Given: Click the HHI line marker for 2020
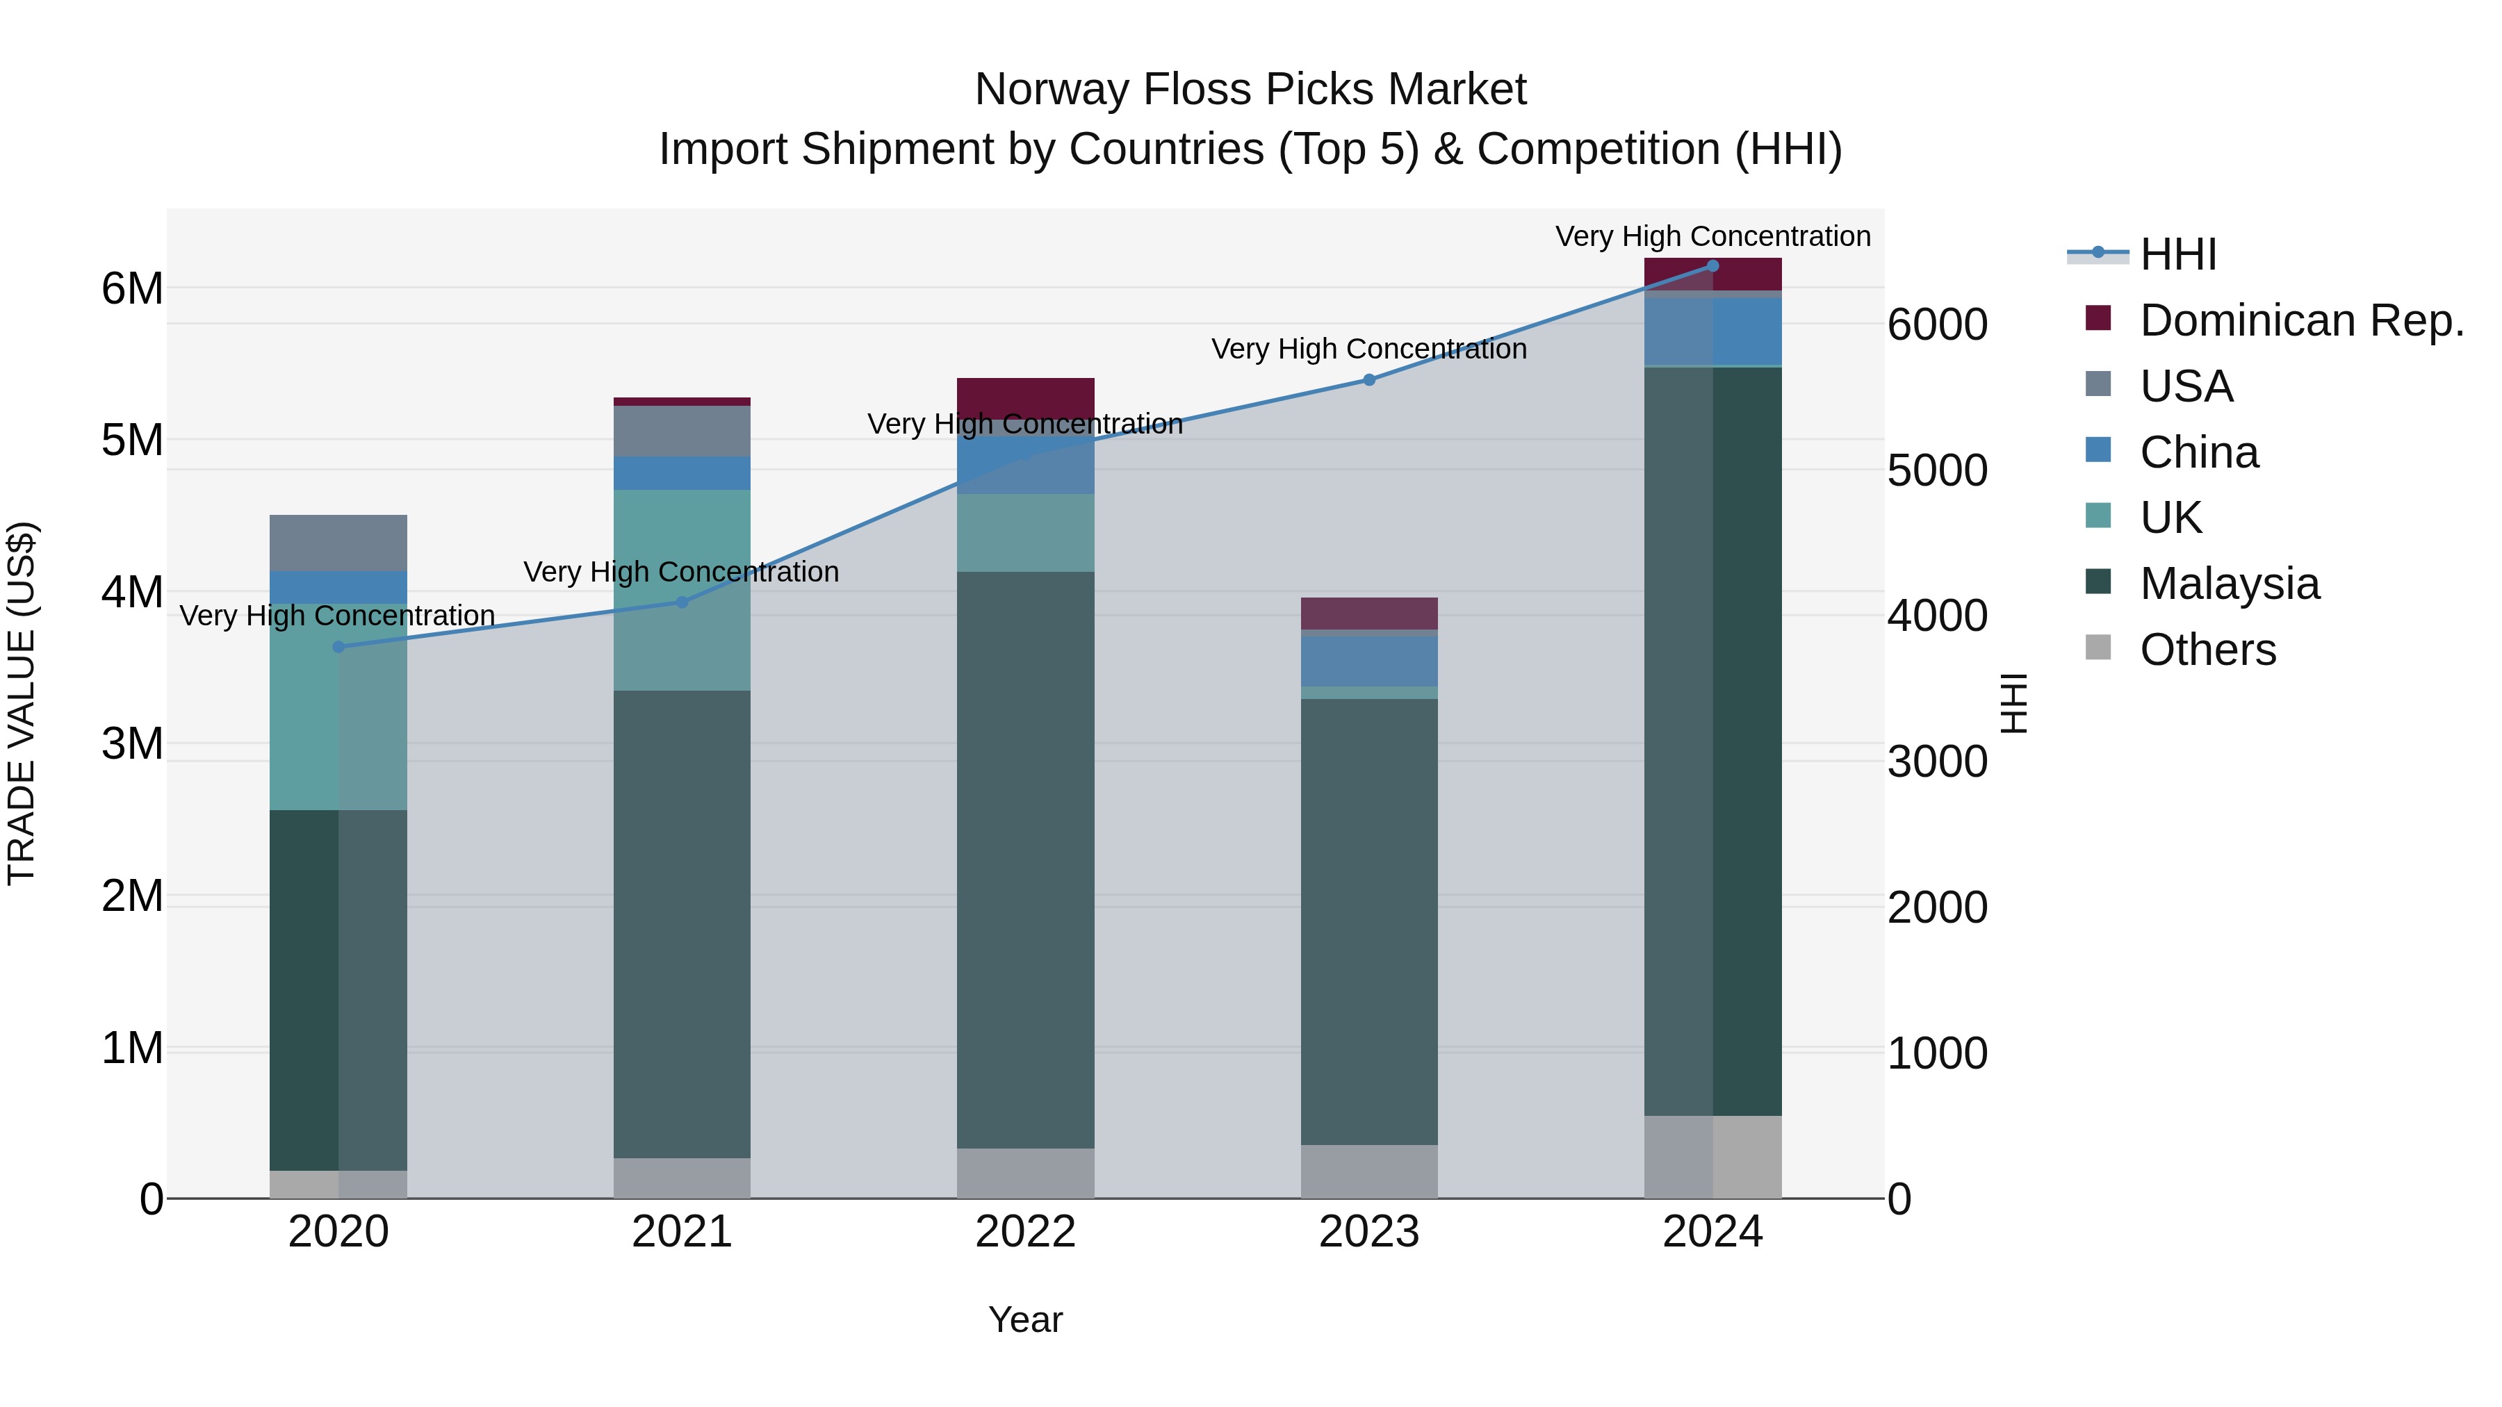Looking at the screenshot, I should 338,647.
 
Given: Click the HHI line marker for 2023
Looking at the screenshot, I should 1369,379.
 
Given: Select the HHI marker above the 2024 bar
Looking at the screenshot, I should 1712,265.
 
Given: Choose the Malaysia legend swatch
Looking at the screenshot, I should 2098,583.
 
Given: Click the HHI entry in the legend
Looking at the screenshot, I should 2177,254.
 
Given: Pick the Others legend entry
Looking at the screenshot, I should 2207,650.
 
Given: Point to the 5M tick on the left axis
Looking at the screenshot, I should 132,440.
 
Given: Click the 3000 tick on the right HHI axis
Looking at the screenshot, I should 1937,762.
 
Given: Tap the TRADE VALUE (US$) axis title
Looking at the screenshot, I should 22,703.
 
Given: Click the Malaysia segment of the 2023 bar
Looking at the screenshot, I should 1369,923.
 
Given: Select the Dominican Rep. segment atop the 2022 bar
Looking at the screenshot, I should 1026,397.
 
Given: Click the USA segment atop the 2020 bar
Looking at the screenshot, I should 338,542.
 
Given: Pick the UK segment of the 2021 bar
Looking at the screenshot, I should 682,589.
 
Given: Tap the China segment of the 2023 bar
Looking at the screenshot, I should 1369,660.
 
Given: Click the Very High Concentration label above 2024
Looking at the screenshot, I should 1712,236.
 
